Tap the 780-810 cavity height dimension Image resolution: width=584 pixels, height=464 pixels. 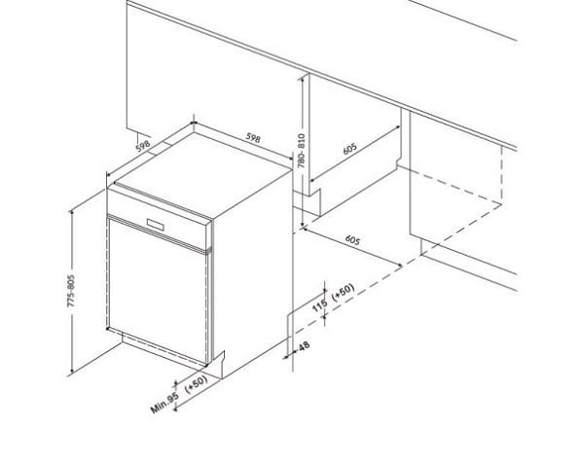[302, 151]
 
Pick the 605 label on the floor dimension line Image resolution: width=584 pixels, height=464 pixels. [352, 240]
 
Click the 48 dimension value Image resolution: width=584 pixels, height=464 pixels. [303, 347]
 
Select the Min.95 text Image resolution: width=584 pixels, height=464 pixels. [163, 402]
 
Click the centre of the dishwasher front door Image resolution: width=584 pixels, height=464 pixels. [159, 287]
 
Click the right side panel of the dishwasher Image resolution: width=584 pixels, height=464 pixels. [251, 263]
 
